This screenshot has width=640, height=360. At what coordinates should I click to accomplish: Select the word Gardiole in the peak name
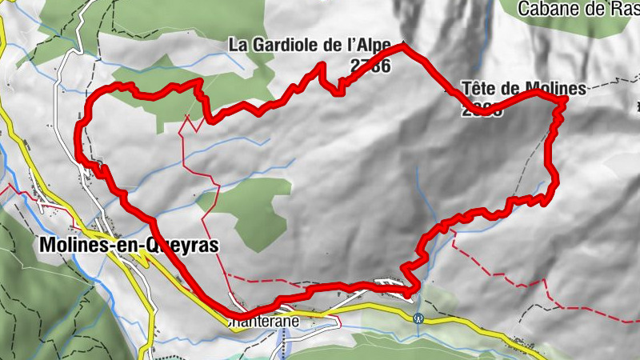tap(284, 45)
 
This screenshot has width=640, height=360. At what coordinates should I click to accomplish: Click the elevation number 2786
tap(369, 66)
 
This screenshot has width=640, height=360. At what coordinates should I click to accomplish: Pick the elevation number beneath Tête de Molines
tap(482, 111)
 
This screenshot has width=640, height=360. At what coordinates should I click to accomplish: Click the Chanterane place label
tap(267, 322)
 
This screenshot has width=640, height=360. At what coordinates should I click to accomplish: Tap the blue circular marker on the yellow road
tap(418, 318)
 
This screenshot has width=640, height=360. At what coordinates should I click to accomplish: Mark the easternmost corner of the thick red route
tap(566, 99)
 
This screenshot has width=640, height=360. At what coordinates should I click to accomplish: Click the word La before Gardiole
tap(238, 45)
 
